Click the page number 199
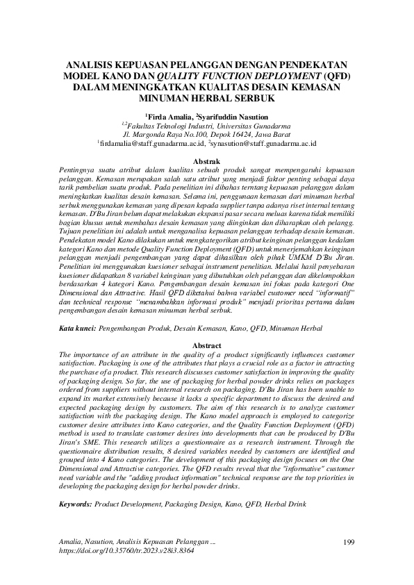(350, 541)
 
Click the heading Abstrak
(206, 160)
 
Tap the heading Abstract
(206, 345)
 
